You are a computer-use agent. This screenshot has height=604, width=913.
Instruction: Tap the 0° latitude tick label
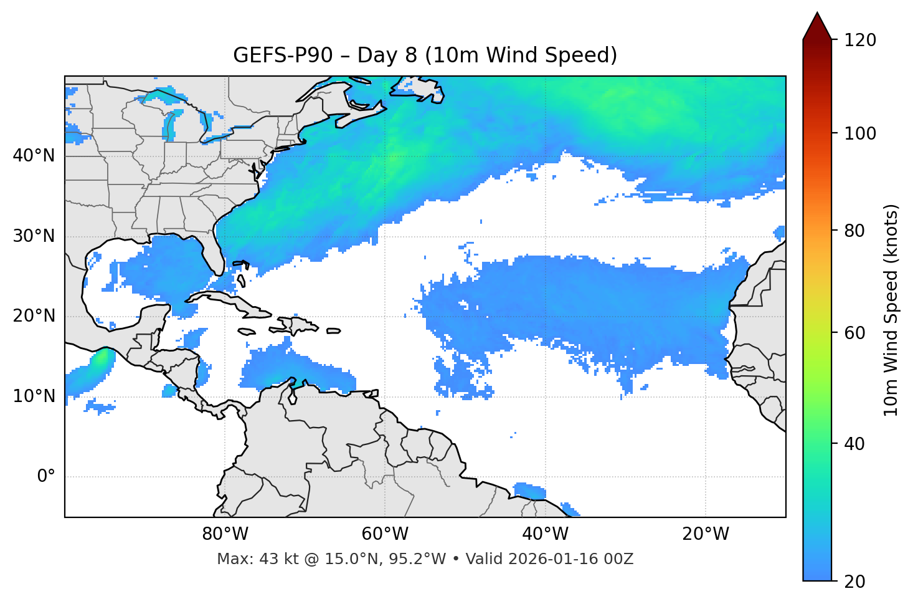click(45, 477)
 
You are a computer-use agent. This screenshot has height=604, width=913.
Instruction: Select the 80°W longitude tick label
click(225, 534)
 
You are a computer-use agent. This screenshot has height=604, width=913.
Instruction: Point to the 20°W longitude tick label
click(706, 534)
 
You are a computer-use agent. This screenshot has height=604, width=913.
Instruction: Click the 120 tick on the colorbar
click(860, 40)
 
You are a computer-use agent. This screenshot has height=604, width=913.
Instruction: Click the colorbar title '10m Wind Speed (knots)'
click(891, 310)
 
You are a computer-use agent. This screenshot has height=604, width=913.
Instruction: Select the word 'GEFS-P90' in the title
click(275, 55)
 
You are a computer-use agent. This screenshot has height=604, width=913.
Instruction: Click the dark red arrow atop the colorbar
click(817, 26)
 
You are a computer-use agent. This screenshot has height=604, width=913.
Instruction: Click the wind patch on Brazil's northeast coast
click(529, 491)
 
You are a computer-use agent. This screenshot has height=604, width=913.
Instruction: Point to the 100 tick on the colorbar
click(860, 133)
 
